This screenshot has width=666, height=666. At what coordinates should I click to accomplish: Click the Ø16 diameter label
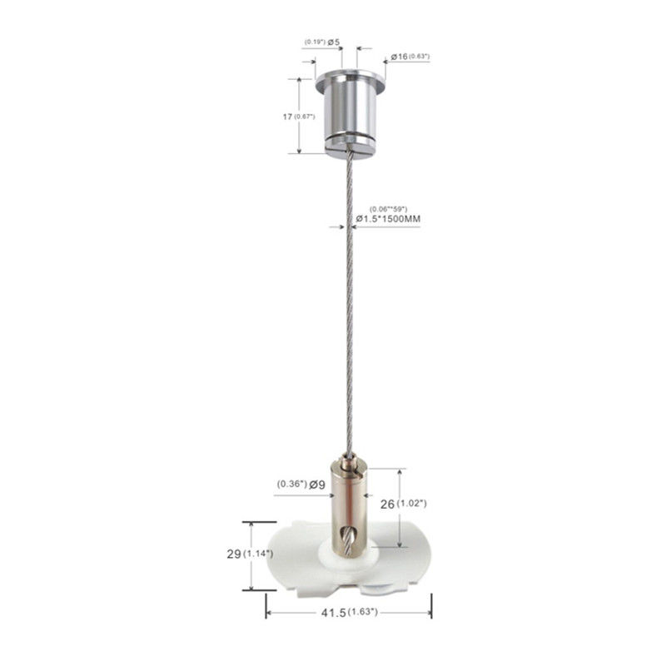(x=400, y=57)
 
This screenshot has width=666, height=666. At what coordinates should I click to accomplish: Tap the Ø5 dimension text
(x=334, y=42)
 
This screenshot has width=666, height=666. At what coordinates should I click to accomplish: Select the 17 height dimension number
(x=287, y=117)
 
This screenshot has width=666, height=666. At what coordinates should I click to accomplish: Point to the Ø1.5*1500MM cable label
(x=388, y=219)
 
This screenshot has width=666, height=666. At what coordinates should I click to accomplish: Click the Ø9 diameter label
(x=317, y=484)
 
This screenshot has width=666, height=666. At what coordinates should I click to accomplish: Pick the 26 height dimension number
(x=387, y=504)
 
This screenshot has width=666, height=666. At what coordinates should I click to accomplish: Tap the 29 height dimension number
(x=234, y=554)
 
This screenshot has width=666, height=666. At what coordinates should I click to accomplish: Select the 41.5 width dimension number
(x=334, y=613)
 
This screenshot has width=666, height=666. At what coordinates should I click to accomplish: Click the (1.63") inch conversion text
(x=362, y=612)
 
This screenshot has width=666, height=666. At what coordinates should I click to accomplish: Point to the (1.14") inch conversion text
(x=258, y=554)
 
